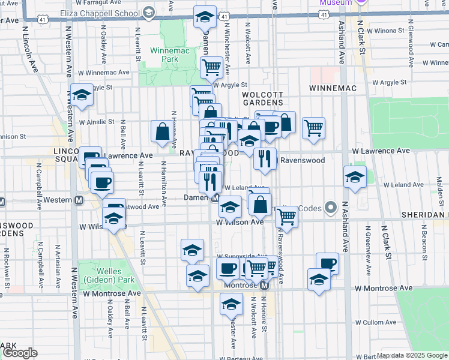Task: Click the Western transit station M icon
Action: pos(78,199)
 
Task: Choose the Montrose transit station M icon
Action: pos(264,286)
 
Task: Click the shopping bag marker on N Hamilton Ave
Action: pos(163,131)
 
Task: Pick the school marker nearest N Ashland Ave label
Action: pos(355,176)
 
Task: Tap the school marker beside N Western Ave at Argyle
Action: pos(82,94)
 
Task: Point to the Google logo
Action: pos(20,353)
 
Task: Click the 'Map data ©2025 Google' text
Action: pos(412,355)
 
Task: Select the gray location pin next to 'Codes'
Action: pos(330,208)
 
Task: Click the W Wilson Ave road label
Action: pos(240,222)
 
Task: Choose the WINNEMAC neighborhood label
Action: pos(333,88)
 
